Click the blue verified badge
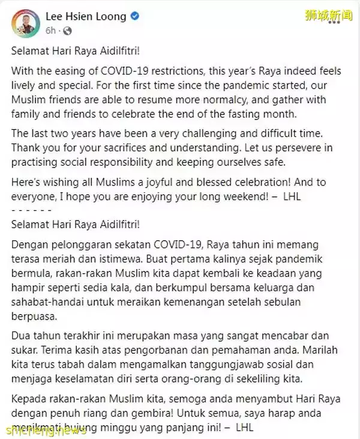click(136, 16)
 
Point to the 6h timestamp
click(50, 29)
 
